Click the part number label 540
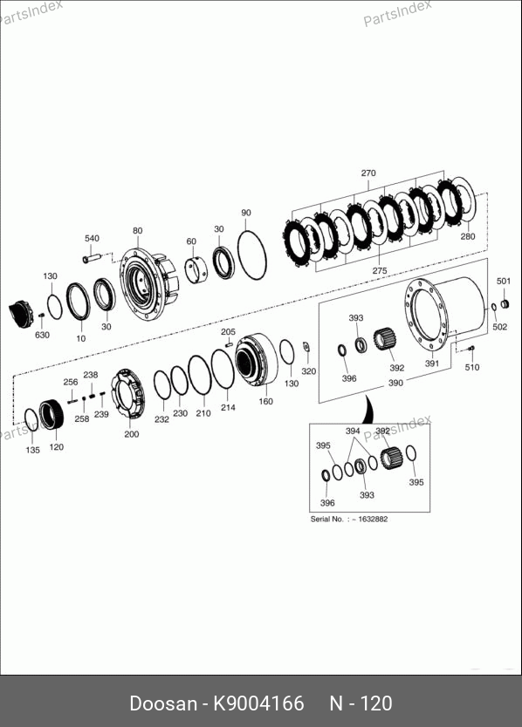pyautogui.click(x=92, y=238)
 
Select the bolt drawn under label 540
pyautogui.click(x=92, y=258)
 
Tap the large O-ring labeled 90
pyautogui.click(x=252, y=255)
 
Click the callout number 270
pyautogui.click(x=368, y=173)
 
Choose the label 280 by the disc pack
pyautogui.click(x=468, y=236)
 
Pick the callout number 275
pyautogui.click(x=380, y=271)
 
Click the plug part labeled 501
pyautogui.click(x=505, y=304)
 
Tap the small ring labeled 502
pyautogui.click(x=495, y=307)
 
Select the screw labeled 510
pyautogui.click(x=471, y=348)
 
